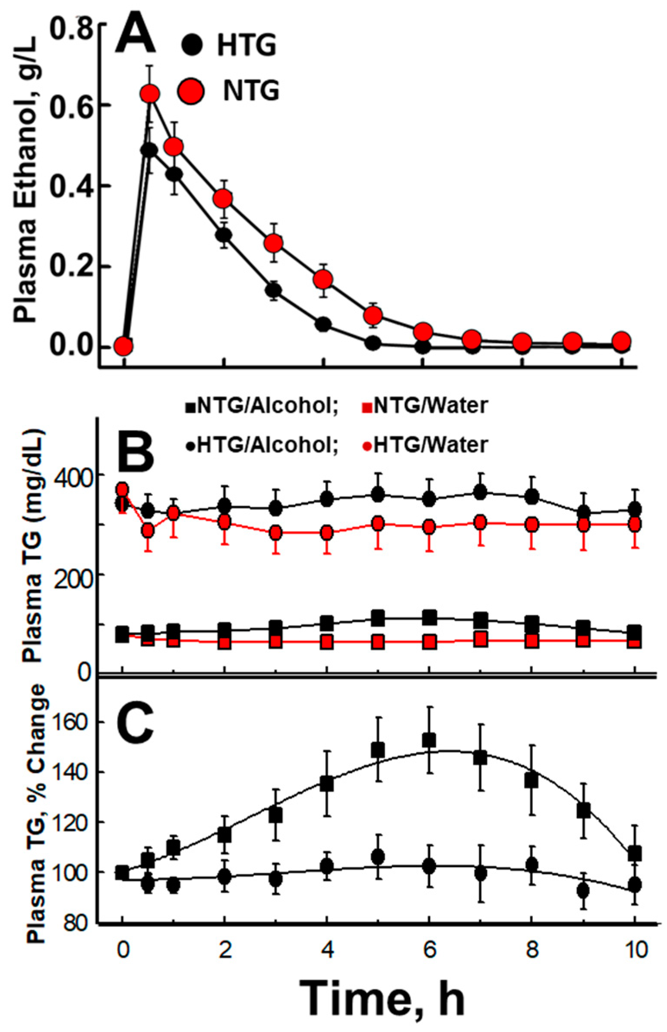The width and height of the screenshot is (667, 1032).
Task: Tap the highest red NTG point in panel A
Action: (150, 94)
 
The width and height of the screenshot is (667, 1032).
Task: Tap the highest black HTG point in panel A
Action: (149, 150)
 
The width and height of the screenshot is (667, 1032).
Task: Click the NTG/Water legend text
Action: (430, 406)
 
